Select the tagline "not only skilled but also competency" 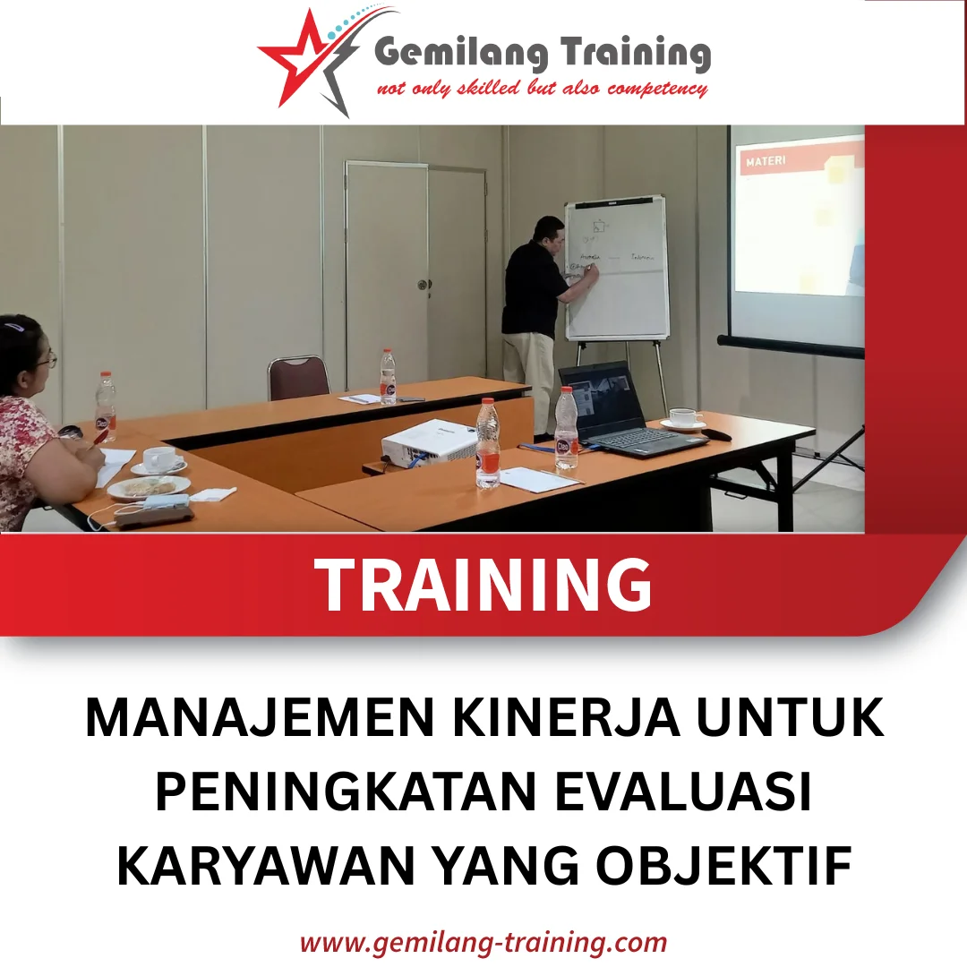click(x=542, y=89)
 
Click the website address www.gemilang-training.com click(x=483, y=942)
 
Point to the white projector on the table click(x=428, y=441)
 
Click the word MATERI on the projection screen click(x=766, y=162)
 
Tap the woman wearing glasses click(x=36, y=421)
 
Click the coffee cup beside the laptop click(x=686, y=418)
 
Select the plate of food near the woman click(x=148, y=486)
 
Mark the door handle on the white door click(x=423, y=285)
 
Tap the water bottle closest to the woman click(x=106, y=407)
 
